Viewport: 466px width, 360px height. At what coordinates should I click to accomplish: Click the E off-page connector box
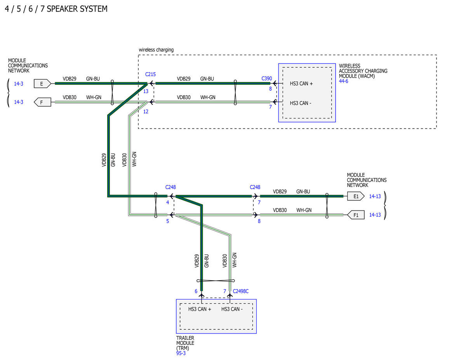pyautogui.click(x=42, y=83)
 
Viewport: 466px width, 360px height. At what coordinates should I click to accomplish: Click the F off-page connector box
pyautogui.click(x=42, y=102)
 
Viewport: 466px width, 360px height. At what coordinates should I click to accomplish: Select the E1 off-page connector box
pyautogui.click(x=356, y=197)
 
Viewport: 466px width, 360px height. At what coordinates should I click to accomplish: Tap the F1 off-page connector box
pyautogui.click(x=356, y=215)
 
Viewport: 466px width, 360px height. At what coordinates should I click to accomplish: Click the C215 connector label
pyautogui.click(x=150, y=75)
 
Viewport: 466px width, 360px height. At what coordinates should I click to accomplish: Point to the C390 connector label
pyautogui.click(x=266, y=79)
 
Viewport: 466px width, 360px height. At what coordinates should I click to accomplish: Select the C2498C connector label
pyautogui.click(x=241, y=291)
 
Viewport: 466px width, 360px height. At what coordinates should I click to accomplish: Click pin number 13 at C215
pyautogui.click(x=146, y=92)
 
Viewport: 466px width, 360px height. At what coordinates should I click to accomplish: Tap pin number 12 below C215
pyautogui.click(x=146, y=112)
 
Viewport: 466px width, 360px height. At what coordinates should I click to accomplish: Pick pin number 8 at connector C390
pyautogui.click(x=270, y=89)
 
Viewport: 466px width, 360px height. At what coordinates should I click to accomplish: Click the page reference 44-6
pyautogui.click(x=344, y=81)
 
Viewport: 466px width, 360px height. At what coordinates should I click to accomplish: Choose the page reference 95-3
pyautogui.click(x=181, y=353)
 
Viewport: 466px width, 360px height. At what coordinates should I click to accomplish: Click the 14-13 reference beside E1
pyautogui.click(x=375, y=197)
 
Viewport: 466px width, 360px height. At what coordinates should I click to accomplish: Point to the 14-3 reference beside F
pyautogui.click(x=18, y=102)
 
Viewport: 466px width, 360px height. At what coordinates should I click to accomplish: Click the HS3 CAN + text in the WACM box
pyautogui.click(x=301, y=83)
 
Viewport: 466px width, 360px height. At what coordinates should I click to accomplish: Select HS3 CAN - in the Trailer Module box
pyautogui.click(x=232, y=309)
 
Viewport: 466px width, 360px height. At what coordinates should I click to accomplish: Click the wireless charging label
pyautogui.click(x=156, y=50)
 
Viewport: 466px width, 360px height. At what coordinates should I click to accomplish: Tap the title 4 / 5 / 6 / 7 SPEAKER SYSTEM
pyautogui.click(x=56, y=9)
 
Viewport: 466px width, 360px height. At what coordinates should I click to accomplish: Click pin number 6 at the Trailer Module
pyautogui.click(x=196, y=291)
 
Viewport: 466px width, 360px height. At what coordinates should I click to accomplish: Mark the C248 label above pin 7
pyautogui.click(x=255, y=188)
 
